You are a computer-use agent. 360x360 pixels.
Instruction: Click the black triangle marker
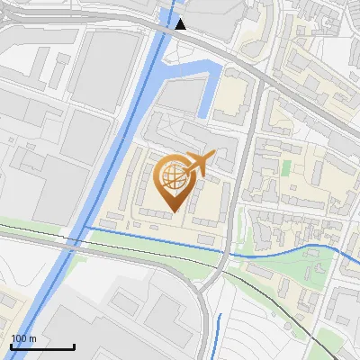pos(181,24)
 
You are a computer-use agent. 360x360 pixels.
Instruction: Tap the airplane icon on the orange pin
pos(199,164)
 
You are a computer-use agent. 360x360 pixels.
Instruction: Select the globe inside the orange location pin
pos(172,176)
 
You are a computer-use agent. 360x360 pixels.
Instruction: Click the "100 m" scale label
pos(23,338)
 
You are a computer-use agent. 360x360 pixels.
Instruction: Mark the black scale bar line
pos(42,346)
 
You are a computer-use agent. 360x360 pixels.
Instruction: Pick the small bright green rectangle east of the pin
pos(286,167)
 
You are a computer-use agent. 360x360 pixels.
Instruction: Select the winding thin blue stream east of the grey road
pos(297,249)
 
